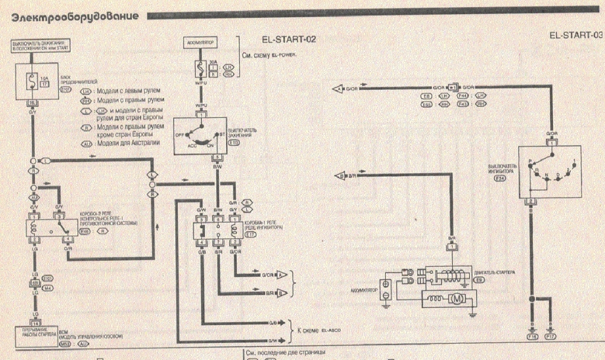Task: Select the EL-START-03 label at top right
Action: pyautogui.click(x=575, y=35)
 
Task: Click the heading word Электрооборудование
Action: pyautogui.click(x=75, y=16)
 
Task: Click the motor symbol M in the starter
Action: pyautogui.click(x=457, y=298)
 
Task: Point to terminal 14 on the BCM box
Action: pyautogui.click(x=35, y=324)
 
